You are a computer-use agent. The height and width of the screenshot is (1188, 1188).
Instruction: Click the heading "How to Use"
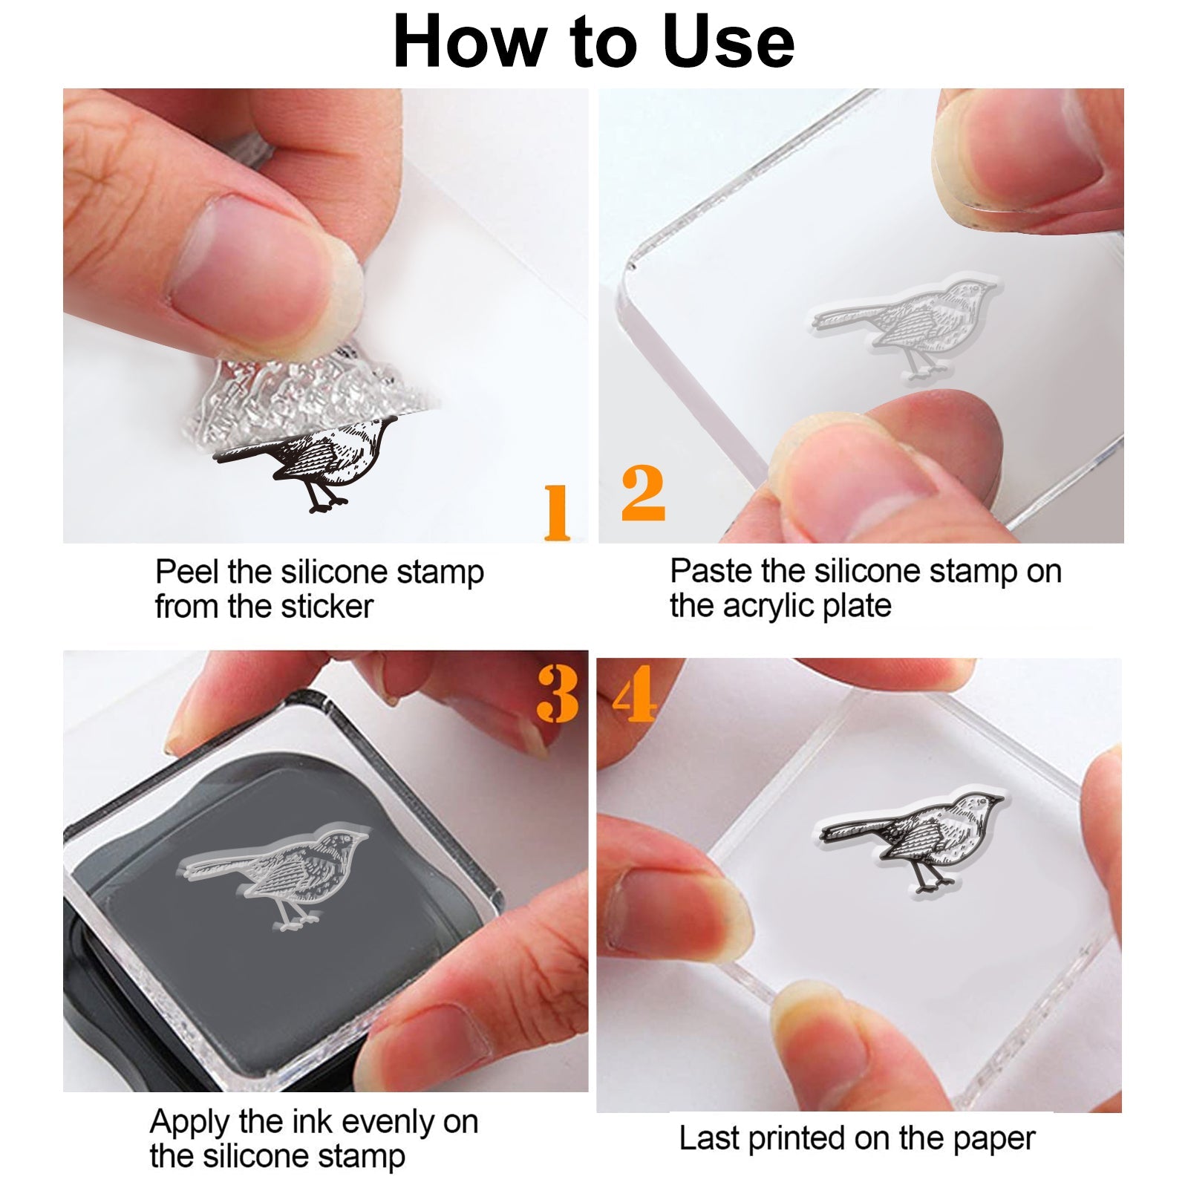pos(594,42)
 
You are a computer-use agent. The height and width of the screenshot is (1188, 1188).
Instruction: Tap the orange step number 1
pos(557,512)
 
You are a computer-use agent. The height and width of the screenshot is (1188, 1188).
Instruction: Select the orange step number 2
pos(643,493)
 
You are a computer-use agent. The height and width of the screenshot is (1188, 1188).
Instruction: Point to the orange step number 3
pos(558,693)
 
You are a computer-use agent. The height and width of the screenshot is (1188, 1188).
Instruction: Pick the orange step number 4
pos(635,693)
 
